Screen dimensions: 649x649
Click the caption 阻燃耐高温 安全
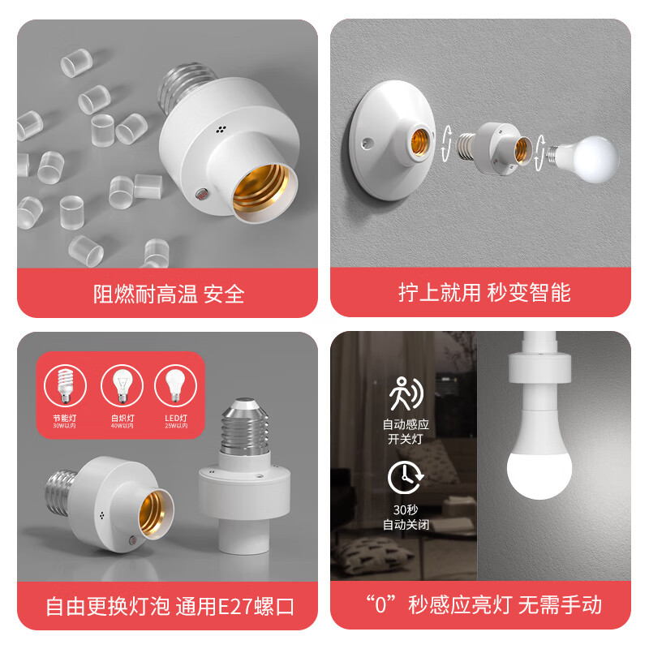click(168, 293)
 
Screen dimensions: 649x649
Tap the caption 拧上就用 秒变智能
click(484, 293)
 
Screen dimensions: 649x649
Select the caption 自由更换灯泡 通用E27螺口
click(170, 605)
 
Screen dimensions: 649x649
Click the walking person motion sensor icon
click(405, 394)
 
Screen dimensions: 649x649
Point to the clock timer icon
click(404, 477)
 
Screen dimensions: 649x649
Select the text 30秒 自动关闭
click(404, 517)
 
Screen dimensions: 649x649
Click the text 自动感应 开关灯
click(404, 431)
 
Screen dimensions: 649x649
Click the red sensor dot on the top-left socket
click(200, 194)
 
